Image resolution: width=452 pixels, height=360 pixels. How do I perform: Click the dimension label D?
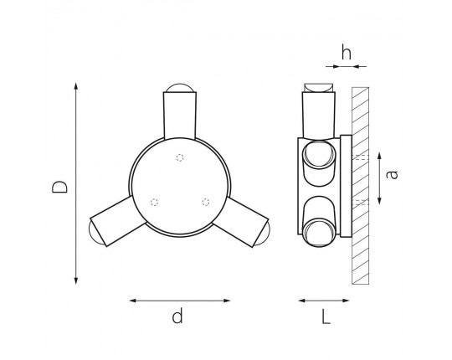[x=59, y=187]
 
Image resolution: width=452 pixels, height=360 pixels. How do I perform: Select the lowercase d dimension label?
[x=177, y=316]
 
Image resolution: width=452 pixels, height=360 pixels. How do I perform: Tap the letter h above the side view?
[x=347, y=52]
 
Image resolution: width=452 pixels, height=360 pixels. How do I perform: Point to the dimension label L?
[x=326, y=316]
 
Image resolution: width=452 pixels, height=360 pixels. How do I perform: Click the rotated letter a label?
[x=392, y=175]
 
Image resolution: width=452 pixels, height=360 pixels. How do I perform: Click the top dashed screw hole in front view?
[x=180, y=157]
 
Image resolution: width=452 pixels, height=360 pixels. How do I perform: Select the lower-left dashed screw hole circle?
[x=155, y=203]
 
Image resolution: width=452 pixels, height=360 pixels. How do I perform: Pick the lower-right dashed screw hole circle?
[x=206, y=202]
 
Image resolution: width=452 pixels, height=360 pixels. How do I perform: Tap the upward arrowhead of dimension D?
[x=76, y=86]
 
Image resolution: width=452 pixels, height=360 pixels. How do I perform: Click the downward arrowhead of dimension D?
[x=76, y=280]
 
